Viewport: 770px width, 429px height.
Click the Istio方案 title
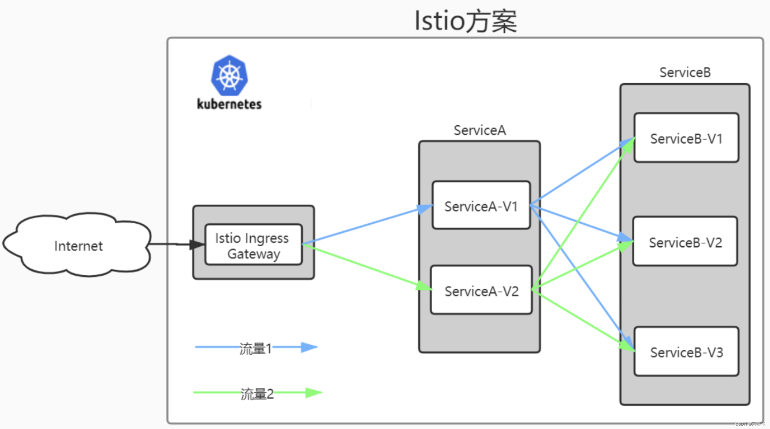[466, 21]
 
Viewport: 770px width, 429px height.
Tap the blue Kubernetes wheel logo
[229, 76]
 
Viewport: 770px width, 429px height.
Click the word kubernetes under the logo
[229, 104]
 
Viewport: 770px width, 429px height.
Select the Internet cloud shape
[78, 245]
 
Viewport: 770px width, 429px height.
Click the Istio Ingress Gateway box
[253, 245]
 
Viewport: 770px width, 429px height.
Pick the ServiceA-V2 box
[481, 291]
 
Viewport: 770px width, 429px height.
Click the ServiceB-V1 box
[686, 138]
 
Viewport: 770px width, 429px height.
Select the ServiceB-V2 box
[685, 242]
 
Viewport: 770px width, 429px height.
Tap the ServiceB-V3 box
[686, 352]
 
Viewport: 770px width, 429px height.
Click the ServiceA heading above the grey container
[480, 130]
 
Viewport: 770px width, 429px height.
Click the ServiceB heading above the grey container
[685, 72]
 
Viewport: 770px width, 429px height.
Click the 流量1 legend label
[256, 348]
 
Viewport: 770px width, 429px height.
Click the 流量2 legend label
[257, 394]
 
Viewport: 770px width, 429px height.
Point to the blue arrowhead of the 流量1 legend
[309, 347]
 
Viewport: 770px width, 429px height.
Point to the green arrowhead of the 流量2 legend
[313, 392]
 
